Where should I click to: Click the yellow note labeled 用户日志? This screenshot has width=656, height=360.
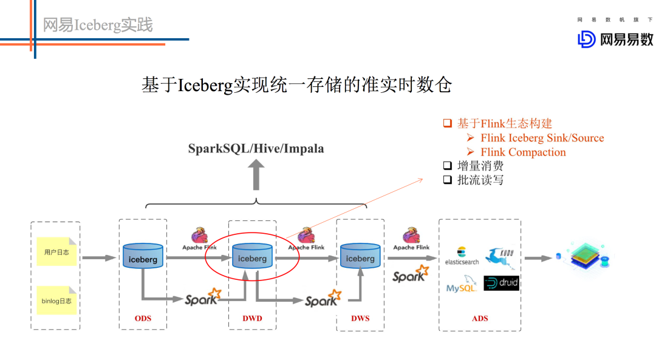pyautogui.click(x=56, y=251)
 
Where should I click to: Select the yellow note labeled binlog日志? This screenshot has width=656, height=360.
pyautogui.click(x=56, y=301)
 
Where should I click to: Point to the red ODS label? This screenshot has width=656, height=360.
pyautogui.click(x=143, y=318)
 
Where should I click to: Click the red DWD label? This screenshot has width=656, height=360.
pyautogui.click(x=252, y=318)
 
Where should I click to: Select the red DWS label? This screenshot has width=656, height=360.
pyautogui.click(x=360, y=318)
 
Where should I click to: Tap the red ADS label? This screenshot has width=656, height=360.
pyautogui.click(x=480, y=318)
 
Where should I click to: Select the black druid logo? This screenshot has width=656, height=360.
pyautogui.click(x=502, y=283)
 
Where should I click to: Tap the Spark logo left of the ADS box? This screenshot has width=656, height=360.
pyautogui.click(x=410, y=274)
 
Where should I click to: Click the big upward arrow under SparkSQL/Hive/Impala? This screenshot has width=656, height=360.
pyautogui.click(x=256, y=174)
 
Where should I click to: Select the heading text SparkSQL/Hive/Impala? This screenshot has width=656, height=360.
pyautogui.click(x=256, y=149)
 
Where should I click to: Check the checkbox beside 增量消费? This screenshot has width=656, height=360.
pyautogui.click(x=447, y=166)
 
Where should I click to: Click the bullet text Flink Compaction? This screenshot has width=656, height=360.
pyautogui.click(x=523, y=152)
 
